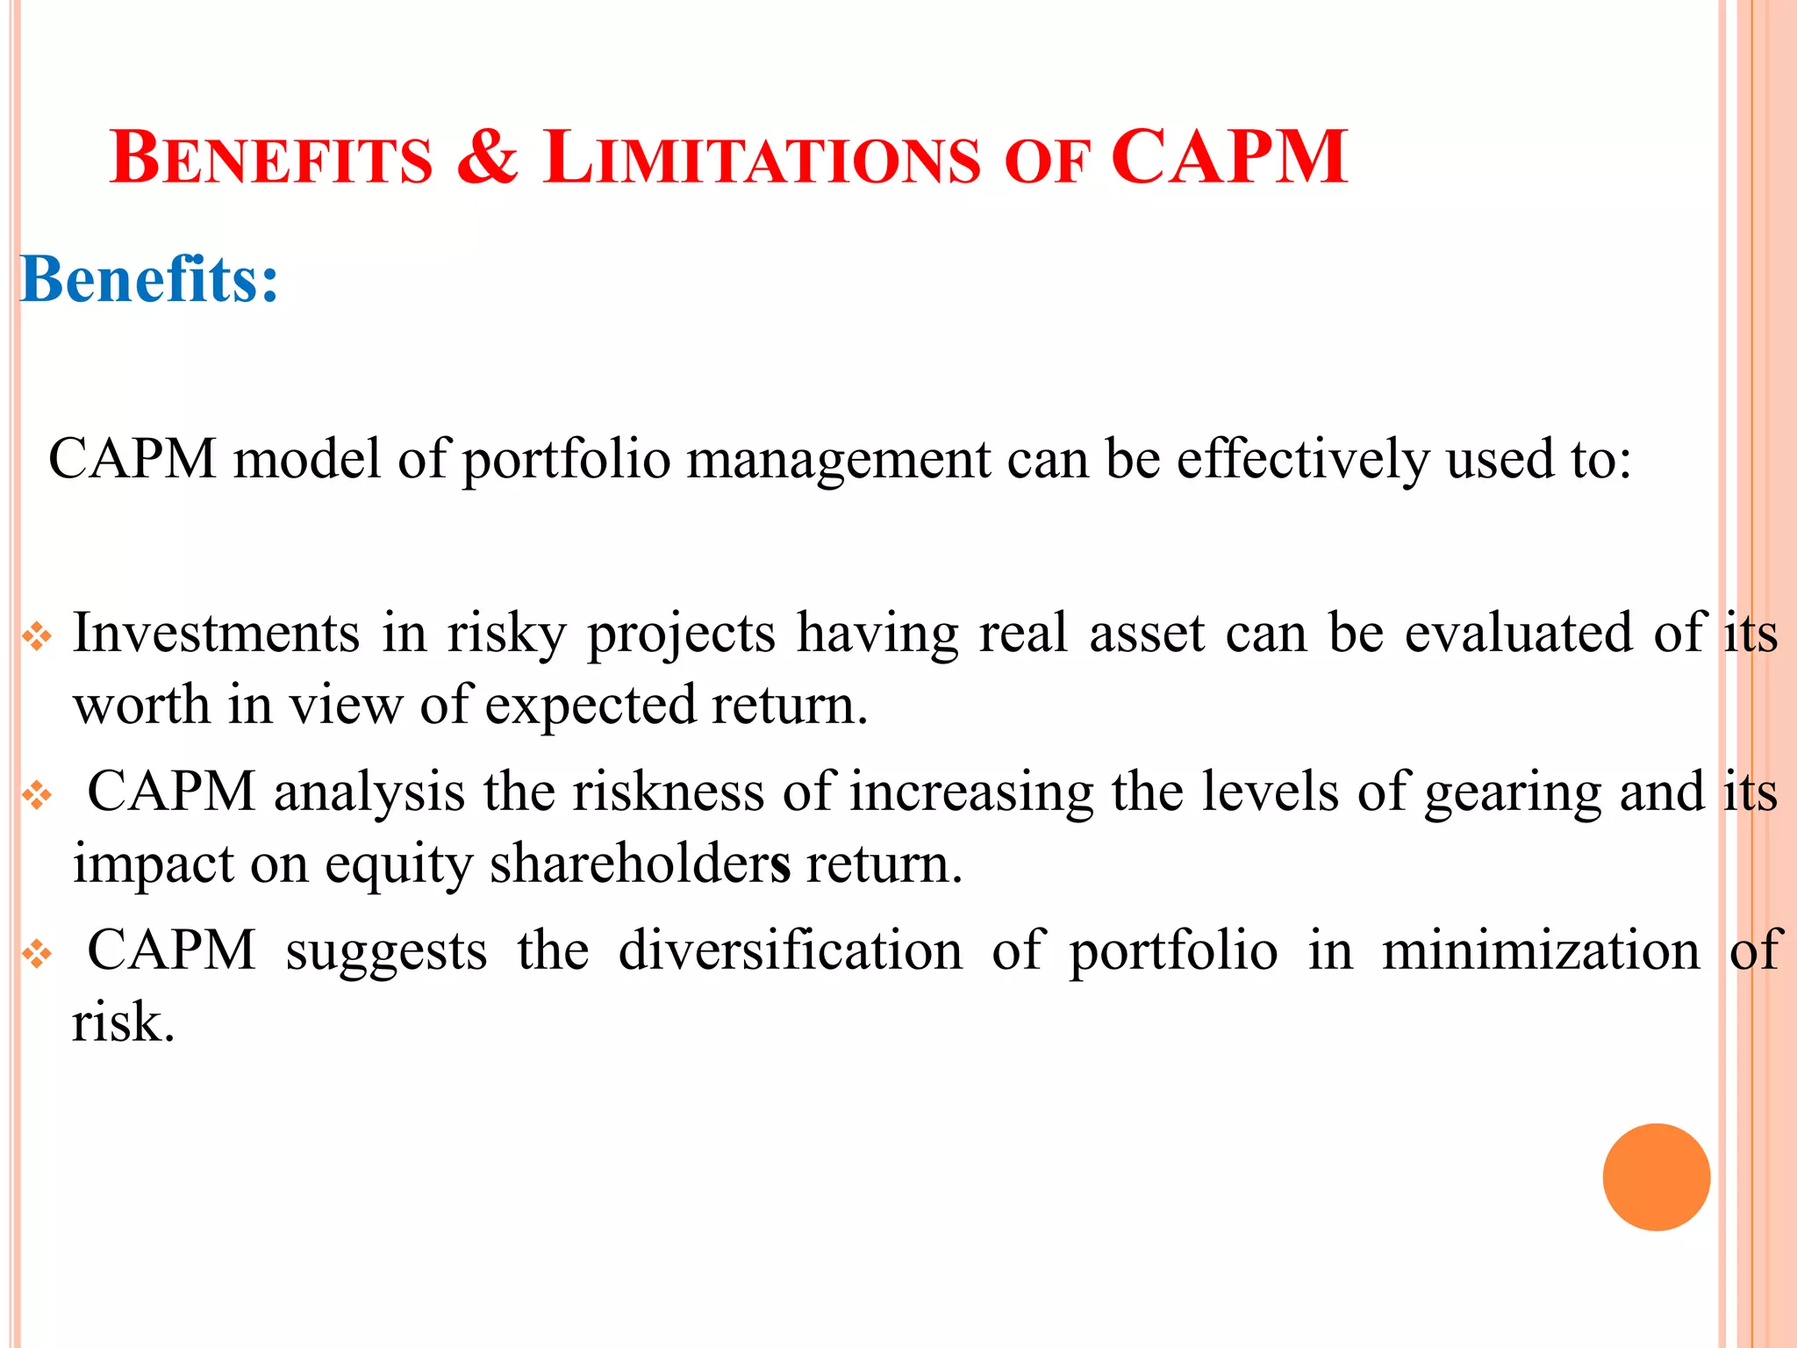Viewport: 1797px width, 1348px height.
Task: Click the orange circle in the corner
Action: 1656,1177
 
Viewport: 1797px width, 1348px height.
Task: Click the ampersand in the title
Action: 488,158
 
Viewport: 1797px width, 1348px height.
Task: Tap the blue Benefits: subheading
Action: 149,280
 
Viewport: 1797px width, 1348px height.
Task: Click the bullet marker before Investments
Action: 38,636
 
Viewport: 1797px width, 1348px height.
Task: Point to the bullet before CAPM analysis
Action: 38,795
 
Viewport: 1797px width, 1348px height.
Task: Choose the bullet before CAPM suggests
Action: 38,954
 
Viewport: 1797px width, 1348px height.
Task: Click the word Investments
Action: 216,633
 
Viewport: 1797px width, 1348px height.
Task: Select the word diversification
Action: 790,950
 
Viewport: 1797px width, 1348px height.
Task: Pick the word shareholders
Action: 640,864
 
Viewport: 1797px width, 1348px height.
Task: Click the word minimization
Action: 1541,950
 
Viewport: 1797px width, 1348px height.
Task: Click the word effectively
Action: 1303,459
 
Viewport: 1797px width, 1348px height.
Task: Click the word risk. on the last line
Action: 124,1022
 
